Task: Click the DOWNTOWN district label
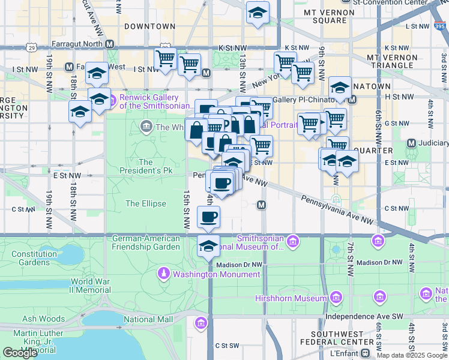(149, 26)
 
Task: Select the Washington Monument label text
(217, 275)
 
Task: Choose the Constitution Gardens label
(34, 258)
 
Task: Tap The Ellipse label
(146, 203)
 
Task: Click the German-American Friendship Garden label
(146, 242)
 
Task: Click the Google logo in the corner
(20, 353)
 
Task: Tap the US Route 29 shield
(31, 46)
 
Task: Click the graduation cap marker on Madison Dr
(208, 246)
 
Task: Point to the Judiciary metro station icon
(412, 143)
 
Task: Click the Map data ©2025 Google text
(412, 355)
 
